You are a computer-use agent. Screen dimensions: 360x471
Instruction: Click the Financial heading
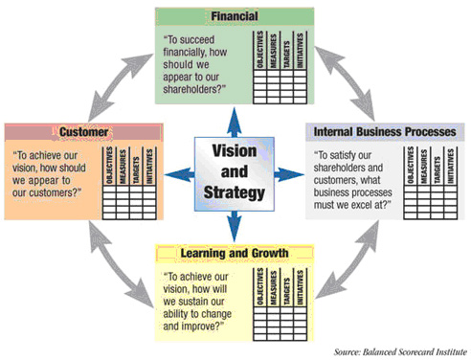(x=235, y=16)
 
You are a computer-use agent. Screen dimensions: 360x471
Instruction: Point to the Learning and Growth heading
(x=235, y=254)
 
